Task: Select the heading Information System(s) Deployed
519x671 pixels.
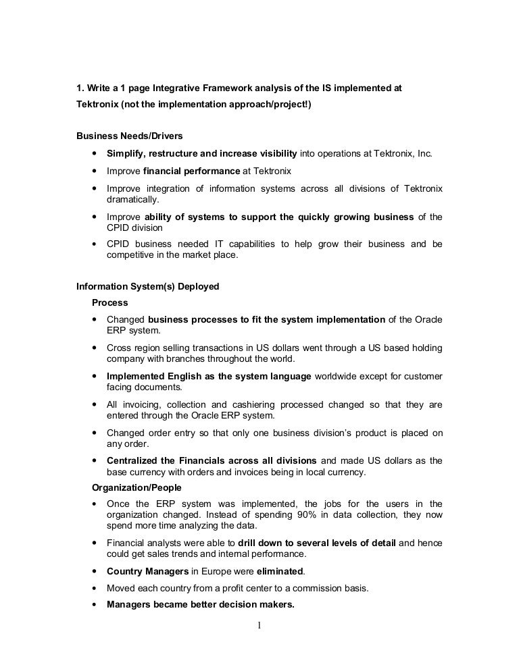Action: tap(147, 286)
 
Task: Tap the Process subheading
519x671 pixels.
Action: tap(109, 302)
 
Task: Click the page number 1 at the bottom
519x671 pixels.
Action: tap(259, 624)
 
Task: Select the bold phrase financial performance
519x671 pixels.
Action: tap(192, 171)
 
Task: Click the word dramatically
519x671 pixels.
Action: tap(133, 200)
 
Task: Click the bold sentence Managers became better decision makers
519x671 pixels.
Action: tap(201, 605)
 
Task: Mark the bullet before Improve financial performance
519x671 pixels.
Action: tap(93, 171)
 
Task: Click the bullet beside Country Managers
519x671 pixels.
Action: tap(93, 571)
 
